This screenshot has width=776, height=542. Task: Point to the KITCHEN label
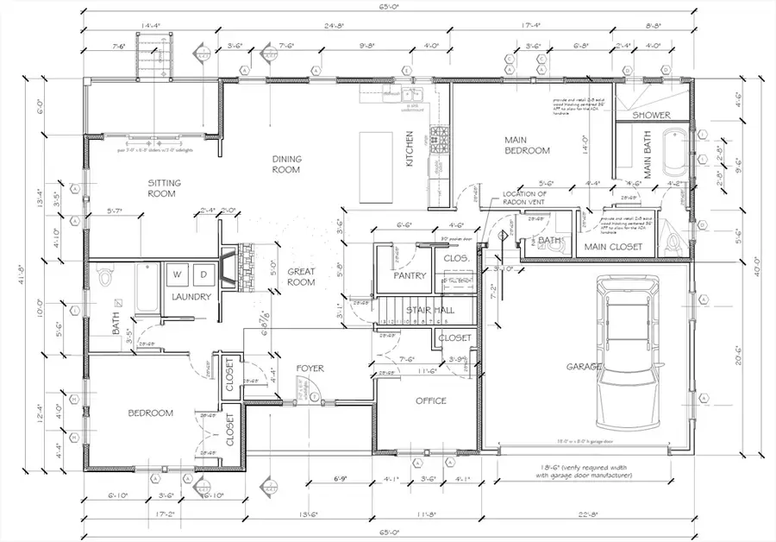click(x=411, y=149)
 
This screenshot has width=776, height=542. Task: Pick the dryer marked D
click(x=204, y=274)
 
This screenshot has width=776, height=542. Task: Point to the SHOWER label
click(x=652, y=115)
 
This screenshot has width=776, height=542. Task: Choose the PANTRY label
click(x=410, y=276)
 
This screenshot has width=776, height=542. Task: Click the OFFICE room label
click(x=430, y=400)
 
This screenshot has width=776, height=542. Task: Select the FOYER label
click(x=310, y=369)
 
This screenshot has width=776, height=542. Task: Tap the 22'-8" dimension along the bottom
click(x=589, y=515)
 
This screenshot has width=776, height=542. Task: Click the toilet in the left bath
click(x=106, y=278)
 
